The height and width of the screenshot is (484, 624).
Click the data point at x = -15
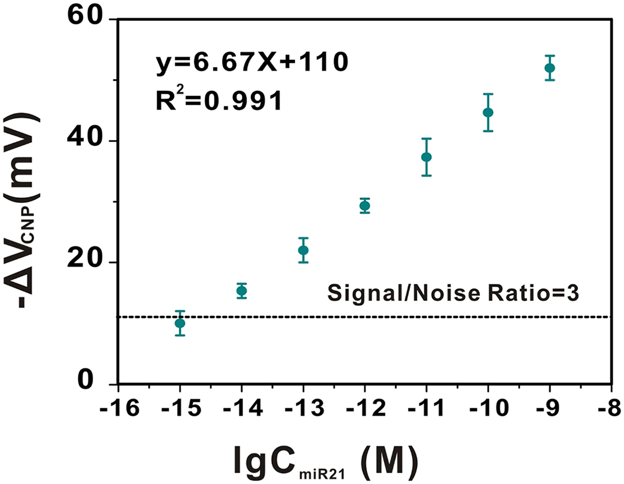[180, 323]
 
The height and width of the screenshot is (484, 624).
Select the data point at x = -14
[242, 291]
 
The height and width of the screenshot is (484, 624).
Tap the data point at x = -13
[303, 250]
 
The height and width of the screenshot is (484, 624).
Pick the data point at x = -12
[364, 206]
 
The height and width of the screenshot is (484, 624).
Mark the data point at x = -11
[426, 157]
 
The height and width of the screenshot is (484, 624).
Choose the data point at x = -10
[488, 112]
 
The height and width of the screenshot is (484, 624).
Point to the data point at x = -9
[549, 68]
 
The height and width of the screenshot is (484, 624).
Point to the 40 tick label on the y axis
[87, 141]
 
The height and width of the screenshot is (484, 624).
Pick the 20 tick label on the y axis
[87, 263]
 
